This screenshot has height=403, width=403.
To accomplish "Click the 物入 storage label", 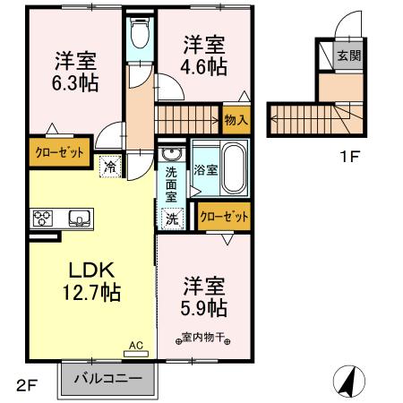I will [236, 120].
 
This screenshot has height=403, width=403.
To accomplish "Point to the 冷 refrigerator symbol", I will [110, 166].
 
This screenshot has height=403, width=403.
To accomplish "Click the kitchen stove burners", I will [44, 218].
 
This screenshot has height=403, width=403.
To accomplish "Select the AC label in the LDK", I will [136, 344].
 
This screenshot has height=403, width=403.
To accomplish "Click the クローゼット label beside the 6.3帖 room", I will [60, 152].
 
